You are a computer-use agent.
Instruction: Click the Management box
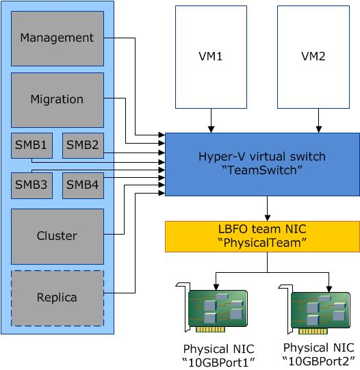click(57, 38)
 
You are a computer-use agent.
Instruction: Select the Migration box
click(57, 99)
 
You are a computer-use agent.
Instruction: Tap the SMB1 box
click(31, 144)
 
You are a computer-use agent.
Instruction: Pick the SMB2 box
click(83, 144)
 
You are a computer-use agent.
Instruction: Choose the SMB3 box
click(31, 184)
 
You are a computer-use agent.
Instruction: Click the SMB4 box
click(83, 184)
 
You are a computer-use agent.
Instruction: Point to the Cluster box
click(57, 236)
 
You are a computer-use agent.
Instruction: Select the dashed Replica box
click(57, 298)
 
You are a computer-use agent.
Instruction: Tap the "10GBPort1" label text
click(216, 361)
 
